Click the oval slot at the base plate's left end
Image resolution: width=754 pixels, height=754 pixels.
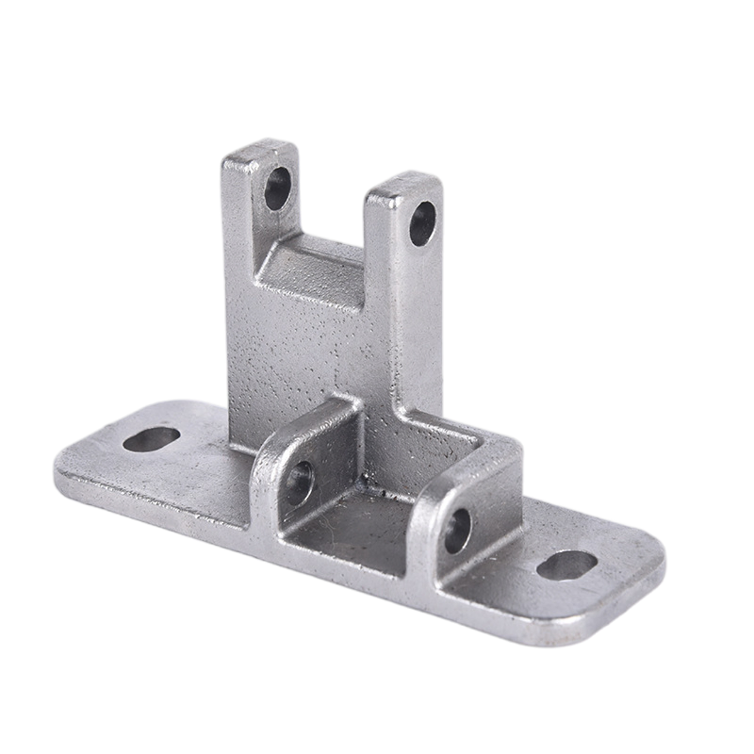(x=151, y=439)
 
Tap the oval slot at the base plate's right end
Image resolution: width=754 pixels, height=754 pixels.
(x=567, y=565)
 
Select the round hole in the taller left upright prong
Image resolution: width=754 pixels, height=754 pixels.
(x=277, y=188)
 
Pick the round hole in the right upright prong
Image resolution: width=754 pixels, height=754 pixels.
(x=422, y=223)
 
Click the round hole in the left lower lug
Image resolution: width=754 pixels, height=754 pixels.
(x=300, y=483)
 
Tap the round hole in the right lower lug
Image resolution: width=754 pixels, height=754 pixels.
(x=457, y=531)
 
